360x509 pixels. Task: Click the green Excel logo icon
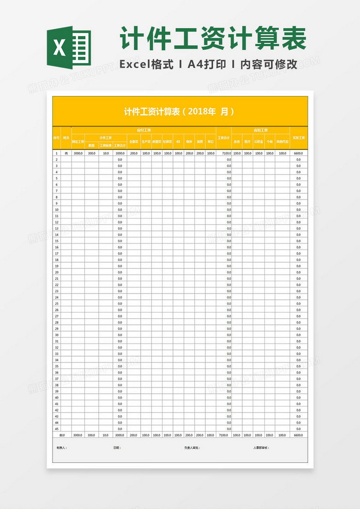pyautogui.click(x=69, y=47)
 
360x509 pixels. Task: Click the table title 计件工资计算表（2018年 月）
pyautogui.click(x=180, y=112)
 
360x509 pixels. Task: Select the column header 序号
pyautogui.click(x=57, y=138)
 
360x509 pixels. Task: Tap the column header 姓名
pyautogui.click(x=66, y=138)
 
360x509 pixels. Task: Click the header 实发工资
pyautogui.click(x=299, y=138)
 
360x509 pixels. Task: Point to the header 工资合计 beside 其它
pyautogui.click(x=224, y=138)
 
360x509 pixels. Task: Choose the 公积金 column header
pyautogui.click(x=259, y=142)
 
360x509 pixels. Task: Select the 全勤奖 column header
pyautogui.click(x=133, y=142)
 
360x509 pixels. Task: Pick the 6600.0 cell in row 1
pyautogui.click(x=298, y=153)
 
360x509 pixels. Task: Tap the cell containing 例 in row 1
pyautogui.click(x=66, y=153)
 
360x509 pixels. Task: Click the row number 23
pyautogui.click(x=57, y=291)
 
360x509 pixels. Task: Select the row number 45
pyautogui.click(x=57, y=429)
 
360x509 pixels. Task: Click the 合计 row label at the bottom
pyautogui.click(x=62, y=435)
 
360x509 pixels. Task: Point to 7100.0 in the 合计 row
pyautogui.click(x=224, y=435)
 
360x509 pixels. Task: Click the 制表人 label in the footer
pyautogui.click(x=62, y=448)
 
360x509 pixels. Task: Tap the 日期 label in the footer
pyautogui.click(x=117, y=448)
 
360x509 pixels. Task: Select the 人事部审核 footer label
pyautogui.click(x=261, y=448)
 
